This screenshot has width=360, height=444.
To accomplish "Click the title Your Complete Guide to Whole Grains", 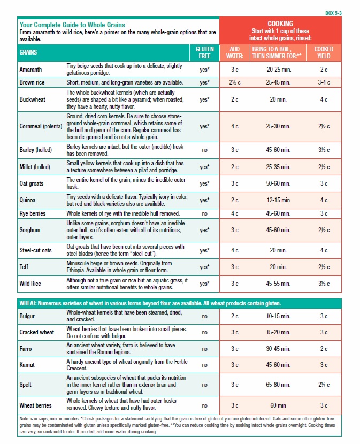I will click(x=72, y=25).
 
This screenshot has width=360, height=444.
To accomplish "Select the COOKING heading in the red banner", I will click(x=280, y=24).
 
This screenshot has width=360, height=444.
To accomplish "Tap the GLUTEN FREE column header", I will click(x=204, y=52).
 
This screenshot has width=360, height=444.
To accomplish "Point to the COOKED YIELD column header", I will click(x=324, y=52).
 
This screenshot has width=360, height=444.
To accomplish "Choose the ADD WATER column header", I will click(x=234, y=52).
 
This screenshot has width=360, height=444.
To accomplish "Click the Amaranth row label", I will click(x=32, y=69).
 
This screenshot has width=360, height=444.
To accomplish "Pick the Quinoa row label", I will click(x=28, y=200).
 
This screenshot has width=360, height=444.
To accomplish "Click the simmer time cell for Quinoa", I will click(x=279, y=200).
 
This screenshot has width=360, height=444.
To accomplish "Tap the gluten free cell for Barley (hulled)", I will click(x=204, y=150).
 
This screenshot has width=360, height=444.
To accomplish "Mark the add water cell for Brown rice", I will click(x=235, y=82).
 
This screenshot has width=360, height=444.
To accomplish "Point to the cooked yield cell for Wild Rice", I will click(x=324, y=283).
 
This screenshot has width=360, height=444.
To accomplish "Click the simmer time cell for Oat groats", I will click(x=278, y=183).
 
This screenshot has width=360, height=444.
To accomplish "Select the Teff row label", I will click(x=25, y=266).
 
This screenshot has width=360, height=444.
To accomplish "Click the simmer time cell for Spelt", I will click(x=278, y=385).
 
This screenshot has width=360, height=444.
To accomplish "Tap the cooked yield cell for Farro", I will click(x=324, y=349).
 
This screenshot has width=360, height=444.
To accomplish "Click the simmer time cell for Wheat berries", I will click(x=279, y=405).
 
